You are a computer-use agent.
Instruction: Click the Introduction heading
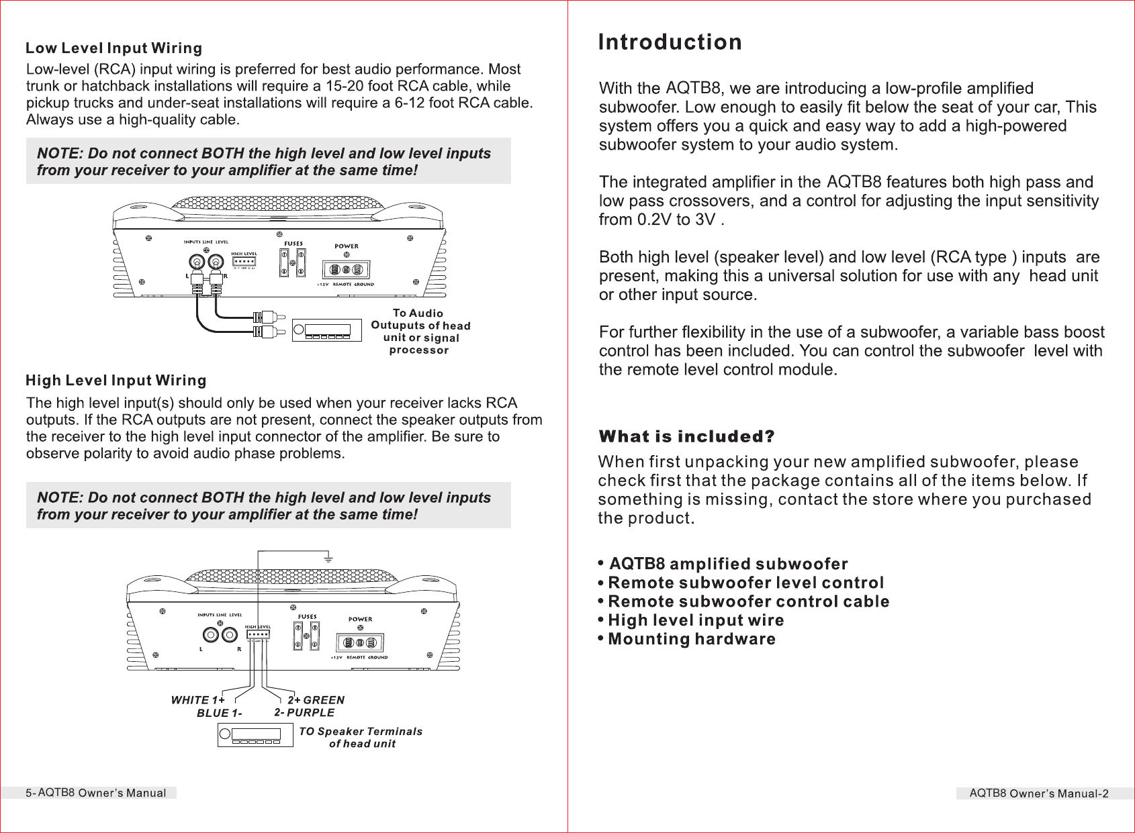670,42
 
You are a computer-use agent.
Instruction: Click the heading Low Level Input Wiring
113,48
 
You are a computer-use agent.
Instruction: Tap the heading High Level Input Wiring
116,381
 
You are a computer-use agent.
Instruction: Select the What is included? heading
686,436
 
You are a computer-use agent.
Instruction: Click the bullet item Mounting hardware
691,639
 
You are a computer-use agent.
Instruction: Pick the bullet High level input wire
695,620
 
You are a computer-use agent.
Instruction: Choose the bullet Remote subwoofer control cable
748,601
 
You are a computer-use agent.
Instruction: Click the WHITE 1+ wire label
197,700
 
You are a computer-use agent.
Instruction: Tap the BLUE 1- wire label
219,713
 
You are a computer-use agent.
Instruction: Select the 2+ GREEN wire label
316,700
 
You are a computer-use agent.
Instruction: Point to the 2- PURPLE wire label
304,713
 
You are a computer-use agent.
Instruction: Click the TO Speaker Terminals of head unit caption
361,737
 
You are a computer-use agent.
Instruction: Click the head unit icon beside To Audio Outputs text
322,330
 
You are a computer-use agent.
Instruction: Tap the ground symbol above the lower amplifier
328,558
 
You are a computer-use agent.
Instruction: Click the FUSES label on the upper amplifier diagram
293,244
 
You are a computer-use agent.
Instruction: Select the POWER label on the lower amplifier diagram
360,620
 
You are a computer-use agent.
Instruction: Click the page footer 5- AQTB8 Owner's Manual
96,793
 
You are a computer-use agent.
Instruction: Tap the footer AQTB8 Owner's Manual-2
1038,793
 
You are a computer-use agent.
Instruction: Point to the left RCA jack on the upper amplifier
197,262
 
